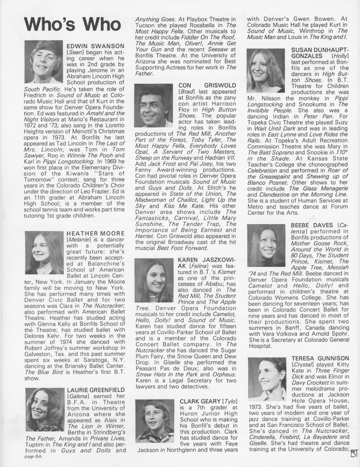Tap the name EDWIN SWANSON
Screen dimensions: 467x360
[x=96, y=46]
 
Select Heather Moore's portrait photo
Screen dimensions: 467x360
[x=44, y=252]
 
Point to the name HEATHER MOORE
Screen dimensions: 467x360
[x=96, y=233]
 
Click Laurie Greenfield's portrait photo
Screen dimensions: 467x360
[x=44, y=409]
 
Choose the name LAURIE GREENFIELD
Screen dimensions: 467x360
[x=96, y=390]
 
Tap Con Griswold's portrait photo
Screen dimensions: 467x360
[x=153, y=105]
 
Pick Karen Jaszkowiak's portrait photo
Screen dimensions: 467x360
[x=153, y=281]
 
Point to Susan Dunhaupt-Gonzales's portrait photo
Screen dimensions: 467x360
[x=266, y=70]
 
